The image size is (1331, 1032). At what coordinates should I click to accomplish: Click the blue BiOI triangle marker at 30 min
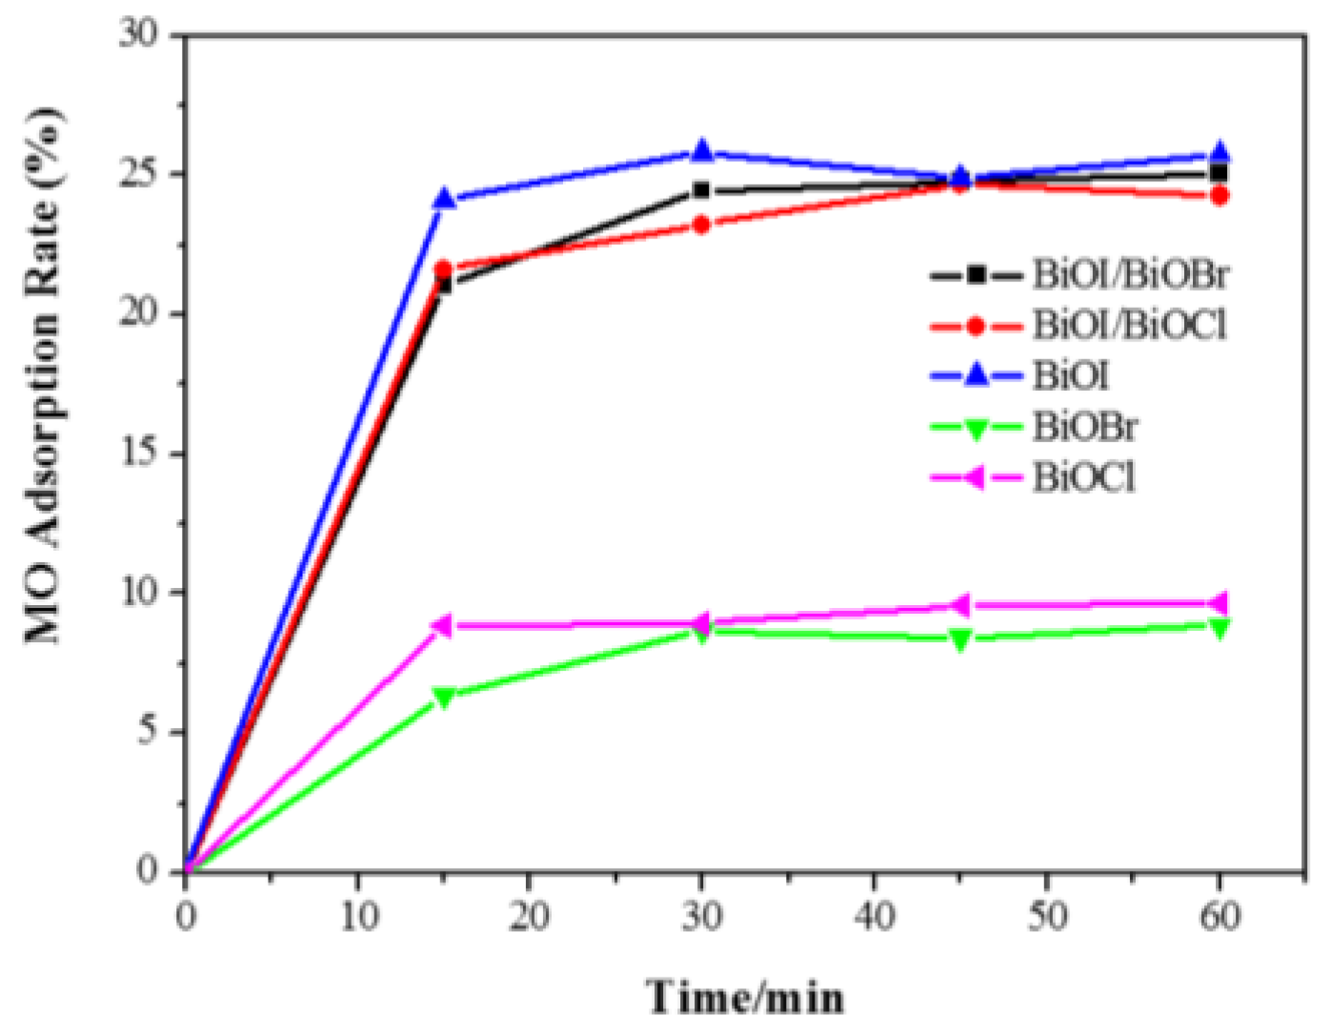pyautogui.click(x=702, y=151)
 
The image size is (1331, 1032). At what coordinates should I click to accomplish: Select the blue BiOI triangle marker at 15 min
pyautogui.click(x=444, y=199)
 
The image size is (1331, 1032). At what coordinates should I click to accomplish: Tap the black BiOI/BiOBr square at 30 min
pyautogui.click(x=702, y=191)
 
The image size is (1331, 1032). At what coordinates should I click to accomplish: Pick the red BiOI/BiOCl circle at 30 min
pyautogui.click(x=702, y=225)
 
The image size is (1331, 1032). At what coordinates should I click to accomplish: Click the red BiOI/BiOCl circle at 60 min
pyautogui.click(x=1219, y=196)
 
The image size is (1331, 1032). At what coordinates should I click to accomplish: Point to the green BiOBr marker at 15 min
pyautogui.click(x=444, y=698)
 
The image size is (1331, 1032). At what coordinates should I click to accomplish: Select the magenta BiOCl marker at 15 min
pyautogui.click(x=442, y=626)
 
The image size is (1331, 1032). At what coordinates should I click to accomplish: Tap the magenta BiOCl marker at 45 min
pyautogui.click(x=959, y=605)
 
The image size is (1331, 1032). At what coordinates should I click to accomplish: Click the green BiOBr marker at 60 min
pyautogui.click(x=1219, y=627)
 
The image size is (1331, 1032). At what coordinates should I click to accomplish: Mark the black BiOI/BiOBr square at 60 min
pyautogui.click(x=1219, y=173)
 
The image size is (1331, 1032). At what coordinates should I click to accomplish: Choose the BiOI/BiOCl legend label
pyautogui.click(x=1129, y=326)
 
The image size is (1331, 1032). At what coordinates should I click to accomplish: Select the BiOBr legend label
pyautogui.click(x=1084, y=427)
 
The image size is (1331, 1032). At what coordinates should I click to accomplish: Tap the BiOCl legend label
pyautogui.click(x=1083, y=476)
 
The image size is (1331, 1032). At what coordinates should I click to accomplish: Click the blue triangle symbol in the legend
pyautogui.click(x=975, y=375)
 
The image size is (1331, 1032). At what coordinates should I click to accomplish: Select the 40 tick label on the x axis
pyautogui.click(x=875, y=917)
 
